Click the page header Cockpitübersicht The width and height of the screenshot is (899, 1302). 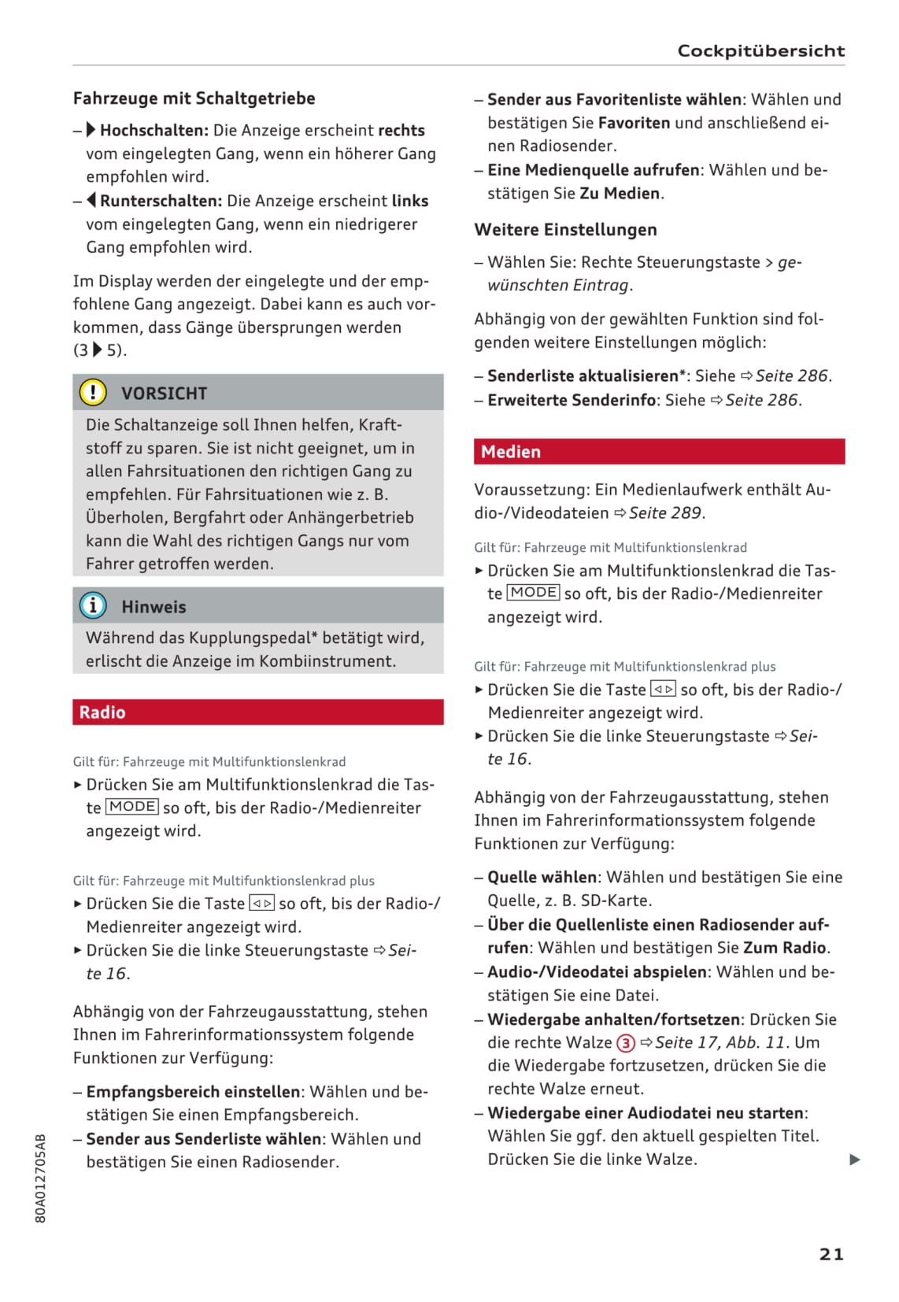point(760,51)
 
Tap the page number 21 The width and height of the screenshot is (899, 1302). point(831,1254)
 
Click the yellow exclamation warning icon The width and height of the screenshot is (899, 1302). point(93,392)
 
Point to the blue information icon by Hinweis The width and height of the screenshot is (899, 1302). point(93,606)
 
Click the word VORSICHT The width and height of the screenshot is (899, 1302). point(164,394)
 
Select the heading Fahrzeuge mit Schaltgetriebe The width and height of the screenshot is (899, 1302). point(194,98)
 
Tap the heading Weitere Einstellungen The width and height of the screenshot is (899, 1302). point(565,230)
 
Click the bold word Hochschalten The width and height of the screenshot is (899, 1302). point(154,131)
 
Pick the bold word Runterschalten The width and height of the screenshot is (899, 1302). point(161,201)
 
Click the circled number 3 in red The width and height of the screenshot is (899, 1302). point(625,1043)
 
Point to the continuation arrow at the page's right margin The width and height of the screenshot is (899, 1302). point(855,1160)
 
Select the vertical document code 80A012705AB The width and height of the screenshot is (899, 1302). point(41,1178)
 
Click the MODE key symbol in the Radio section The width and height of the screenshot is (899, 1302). point(133,807)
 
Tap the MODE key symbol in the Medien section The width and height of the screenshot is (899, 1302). point(534,593)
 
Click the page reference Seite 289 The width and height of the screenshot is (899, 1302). point(664,513)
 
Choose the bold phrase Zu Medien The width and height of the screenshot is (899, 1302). point(620,194)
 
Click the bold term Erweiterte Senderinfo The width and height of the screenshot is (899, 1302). point(572,400)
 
